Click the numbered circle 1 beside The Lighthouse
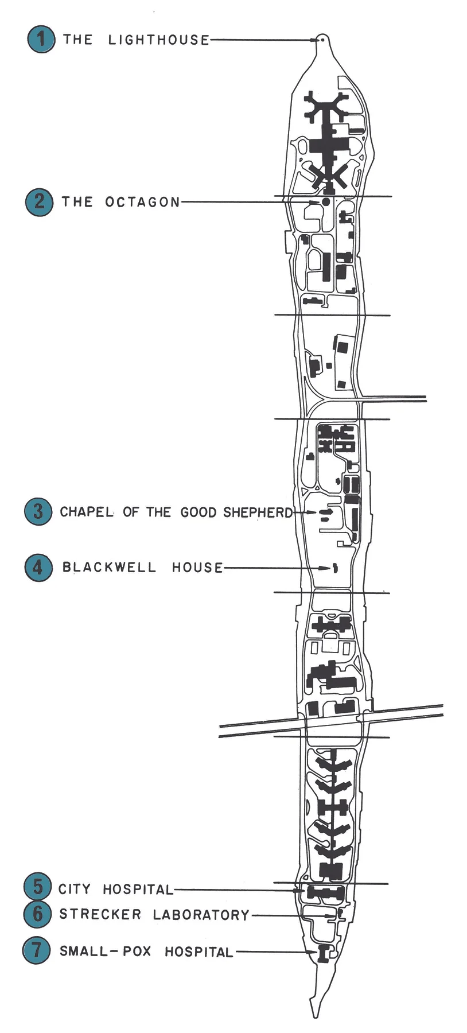pyautogui.click(x=41, y=39)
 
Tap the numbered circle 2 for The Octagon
pyautogui.click(x=39, y=201)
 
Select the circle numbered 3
pyautogui.click(x=38, y=511)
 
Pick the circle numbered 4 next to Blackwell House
pyautogui.click(x=38, y=567)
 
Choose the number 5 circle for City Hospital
pyautogui.click(x=37, y=887)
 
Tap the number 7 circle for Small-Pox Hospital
pyautogui.click(x=36, y=950)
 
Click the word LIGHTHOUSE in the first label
pyautogui.click(x=158, y=40)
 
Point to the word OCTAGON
pyautogui.click(x=142, y=202)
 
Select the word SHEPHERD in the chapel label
pyautogui.click(x=258, y=512)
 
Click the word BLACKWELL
pyautogui.click(x=109, y=568)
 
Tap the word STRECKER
pyautogui.click(x=100, y=914)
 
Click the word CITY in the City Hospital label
pyautogui.click(x=75, y=890)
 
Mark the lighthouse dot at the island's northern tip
pyautogui.click(x=322, y=40)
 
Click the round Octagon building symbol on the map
pyautogui.click(x=326, y=202)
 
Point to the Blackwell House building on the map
pyautogui.click(x=336, y=568)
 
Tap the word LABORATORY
pyautogui.click(x=201, y=915)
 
